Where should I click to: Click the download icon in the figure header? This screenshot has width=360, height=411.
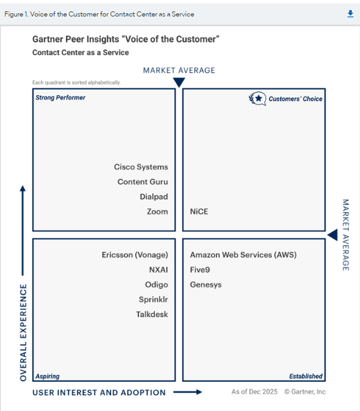[350, 13]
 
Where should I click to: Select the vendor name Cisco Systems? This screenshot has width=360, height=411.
[141, 167]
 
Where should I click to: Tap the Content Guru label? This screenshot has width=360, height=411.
[143, 181]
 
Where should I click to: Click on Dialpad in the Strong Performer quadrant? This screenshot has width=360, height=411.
[154, 197]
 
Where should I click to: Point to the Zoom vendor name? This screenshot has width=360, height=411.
[157, 212]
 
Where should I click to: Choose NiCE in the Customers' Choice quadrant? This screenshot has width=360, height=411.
[199, 212]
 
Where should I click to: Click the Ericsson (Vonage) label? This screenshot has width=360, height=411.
[135, 255]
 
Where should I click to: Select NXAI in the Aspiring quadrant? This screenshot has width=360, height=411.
[159, 270]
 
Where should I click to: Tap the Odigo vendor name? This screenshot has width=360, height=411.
[156, 285]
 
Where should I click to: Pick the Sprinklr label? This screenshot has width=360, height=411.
[153, 299]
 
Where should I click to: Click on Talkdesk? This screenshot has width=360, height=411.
[152, 315]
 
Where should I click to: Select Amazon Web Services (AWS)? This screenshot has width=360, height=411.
[243, 255]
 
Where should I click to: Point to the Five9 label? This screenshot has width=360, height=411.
[200, 270]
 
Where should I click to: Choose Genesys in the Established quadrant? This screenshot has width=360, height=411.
[206, 285]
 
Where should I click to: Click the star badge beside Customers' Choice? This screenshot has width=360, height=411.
[257, 99]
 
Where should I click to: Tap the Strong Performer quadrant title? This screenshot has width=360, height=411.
[60, 98]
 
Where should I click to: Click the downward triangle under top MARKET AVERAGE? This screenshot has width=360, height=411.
[179, 82]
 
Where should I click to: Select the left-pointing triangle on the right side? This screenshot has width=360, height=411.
[333, 235]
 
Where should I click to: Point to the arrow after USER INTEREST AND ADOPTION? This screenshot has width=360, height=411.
[187, 392]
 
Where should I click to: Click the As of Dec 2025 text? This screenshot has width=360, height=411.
[254, 391]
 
